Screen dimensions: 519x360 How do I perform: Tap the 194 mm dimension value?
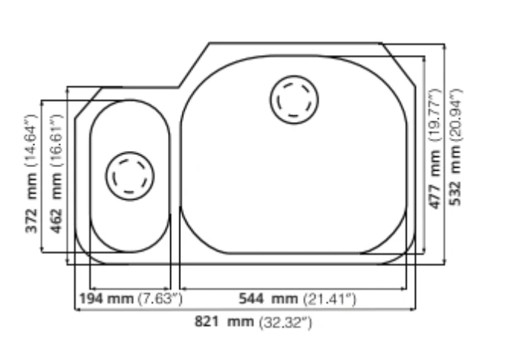(x=106, y=298)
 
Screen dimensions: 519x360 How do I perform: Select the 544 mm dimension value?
(x=268, y=298)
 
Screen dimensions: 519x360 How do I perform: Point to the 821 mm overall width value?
(x=224, y=321)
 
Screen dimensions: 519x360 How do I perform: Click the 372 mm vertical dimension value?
(x=31, y=203)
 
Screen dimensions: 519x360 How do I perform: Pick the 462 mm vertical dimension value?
(x=56, y=203)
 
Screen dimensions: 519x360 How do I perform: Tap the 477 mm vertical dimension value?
(x=435, y=179)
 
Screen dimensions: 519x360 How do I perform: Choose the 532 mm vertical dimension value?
(x=456, y=175)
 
